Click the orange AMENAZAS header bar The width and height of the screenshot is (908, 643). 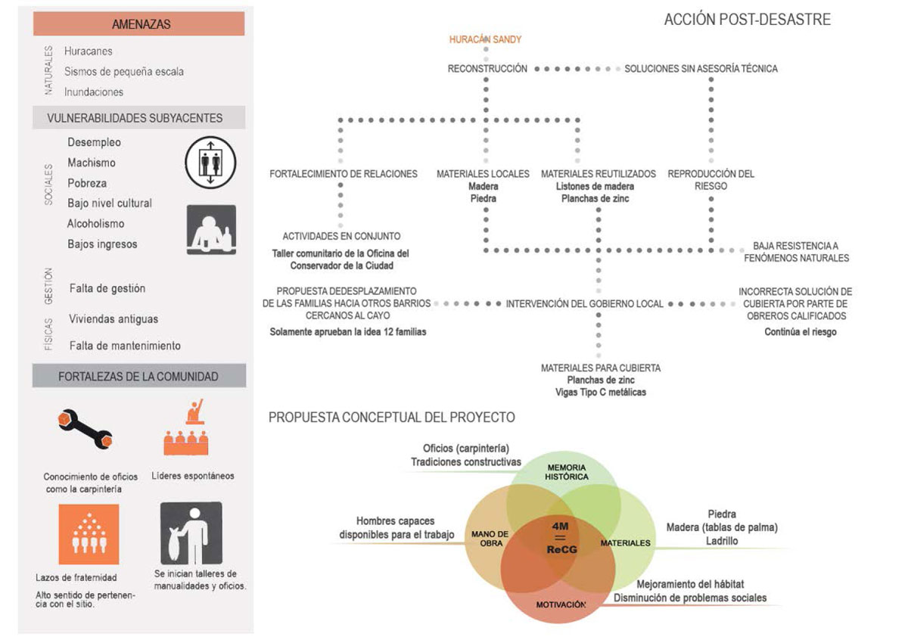(138, 24)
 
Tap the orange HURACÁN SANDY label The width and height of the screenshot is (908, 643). (485, 39)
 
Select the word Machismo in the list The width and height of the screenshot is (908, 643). (92, 163)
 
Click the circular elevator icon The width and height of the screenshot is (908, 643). (210, 163)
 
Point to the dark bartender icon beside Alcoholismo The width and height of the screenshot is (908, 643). (211, 230)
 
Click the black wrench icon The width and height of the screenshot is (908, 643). (85, 430)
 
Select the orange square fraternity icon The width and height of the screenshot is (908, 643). (89, 534)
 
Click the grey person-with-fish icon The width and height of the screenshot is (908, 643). (191, 533)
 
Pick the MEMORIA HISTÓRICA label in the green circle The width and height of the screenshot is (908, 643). (566, 472)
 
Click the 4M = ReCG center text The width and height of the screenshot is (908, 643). (561, 538)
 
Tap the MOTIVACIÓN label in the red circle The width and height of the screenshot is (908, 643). (561, 604)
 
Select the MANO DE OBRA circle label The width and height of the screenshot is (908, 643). (490, 539)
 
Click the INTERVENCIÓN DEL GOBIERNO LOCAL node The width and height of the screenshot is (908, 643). (584, 304)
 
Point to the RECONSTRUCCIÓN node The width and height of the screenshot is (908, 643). (487, 69)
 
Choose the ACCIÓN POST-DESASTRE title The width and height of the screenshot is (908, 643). (747, 20)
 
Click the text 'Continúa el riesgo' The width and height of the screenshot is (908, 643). (801, 332)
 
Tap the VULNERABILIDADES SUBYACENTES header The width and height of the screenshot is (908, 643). (135, 118)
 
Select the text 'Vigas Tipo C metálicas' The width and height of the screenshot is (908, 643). (601, 392)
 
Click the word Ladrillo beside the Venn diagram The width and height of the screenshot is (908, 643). (722, 541)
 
